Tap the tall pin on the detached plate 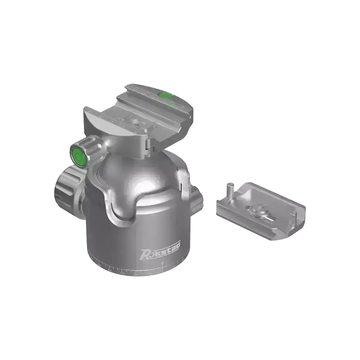(229, 189)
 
